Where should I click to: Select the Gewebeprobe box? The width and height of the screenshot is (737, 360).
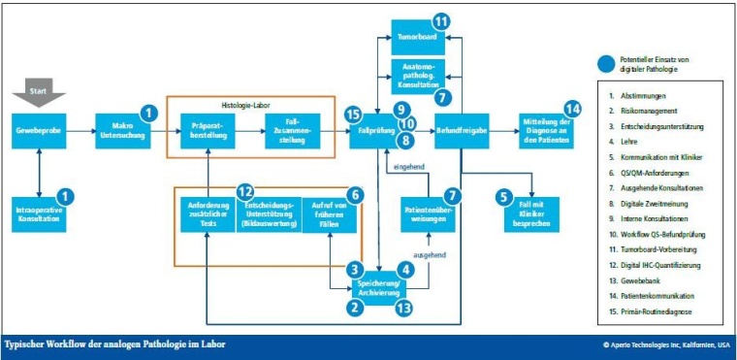pos(39,129)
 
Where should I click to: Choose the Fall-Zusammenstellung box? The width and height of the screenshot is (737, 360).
pos(292,130)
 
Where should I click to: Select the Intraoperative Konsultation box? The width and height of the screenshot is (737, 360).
pos(39,214)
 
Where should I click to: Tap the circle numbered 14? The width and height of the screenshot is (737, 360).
pos(571,110)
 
